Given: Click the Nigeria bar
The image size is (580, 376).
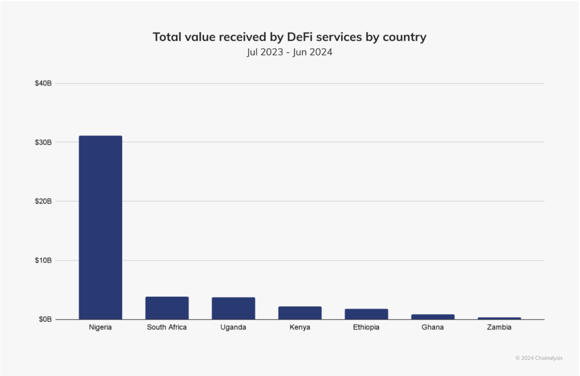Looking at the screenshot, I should pyautogui.click(x=100, y=227).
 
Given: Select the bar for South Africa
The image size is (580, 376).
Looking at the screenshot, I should pyautogui.click(x=167, y=308).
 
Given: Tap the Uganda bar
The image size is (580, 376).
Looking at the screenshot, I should pyautogui.click(x=233, y=308).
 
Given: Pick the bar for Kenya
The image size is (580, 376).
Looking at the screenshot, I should pyautogui.click(x=300, y=312).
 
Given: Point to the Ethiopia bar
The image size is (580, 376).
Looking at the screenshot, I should pyautogui.click(x=366, y=314).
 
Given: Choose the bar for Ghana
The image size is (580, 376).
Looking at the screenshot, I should pyautogui.click(x=433, y=316).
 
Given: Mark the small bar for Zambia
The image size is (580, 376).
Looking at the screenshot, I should pyautogui.click(x=500, y=318).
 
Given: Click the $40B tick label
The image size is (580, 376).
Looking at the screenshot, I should pyautogui.click(x=43, y=83).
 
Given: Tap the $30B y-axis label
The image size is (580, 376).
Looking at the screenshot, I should pyautogui.click(x=43, y=142).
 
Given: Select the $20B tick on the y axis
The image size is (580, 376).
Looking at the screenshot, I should pyautogui.click(x=43, y=201).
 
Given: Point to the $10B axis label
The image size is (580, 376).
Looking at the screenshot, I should pyautogui.click(x=43, y=260).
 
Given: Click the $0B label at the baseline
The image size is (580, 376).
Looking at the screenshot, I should pyautogui.click(x=45, y=319).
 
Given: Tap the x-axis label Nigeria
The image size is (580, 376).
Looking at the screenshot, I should pyautogui.click(x=100, y=328).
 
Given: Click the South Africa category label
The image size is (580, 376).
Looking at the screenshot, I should pyautogui.click(x=167, y=328).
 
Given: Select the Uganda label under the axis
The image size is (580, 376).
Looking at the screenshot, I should pyautogui.click(x=233, y=328).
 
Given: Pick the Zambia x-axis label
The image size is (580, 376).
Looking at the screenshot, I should pyautogui.click(x=500, y=328).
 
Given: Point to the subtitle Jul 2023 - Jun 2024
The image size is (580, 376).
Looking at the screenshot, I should pyautogui.click(x=289, y=53).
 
